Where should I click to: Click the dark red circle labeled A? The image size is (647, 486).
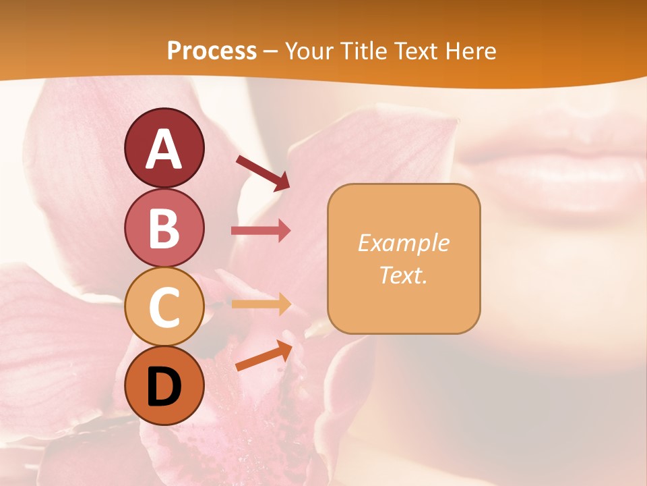tap(164, 148)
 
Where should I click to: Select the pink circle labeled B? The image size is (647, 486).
tap(164, 227)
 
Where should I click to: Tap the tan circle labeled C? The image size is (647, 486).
tap(164, 306)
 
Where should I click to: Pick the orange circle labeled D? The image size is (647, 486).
tap(164, 385)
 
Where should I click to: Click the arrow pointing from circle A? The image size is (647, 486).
tap(262, 172)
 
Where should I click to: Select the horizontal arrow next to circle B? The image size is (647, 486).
tap(261, 231)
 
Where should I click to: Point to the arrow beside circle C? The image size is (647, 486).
tap(261, 304)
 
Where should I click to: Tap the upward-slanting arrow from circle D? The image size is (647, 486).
tap(264, 355)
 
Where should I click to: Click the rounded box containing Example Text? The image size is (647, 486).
tap(404, 259)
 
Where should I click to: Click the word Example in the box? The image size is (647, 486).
tap(404, 243)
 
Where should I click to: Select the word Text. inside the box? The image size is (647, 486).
tap(404, 275)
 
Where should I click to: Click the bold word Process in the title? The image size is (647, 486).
tap(212, 51)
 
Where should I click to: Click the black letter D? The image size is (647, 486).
tap(164, 386)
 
